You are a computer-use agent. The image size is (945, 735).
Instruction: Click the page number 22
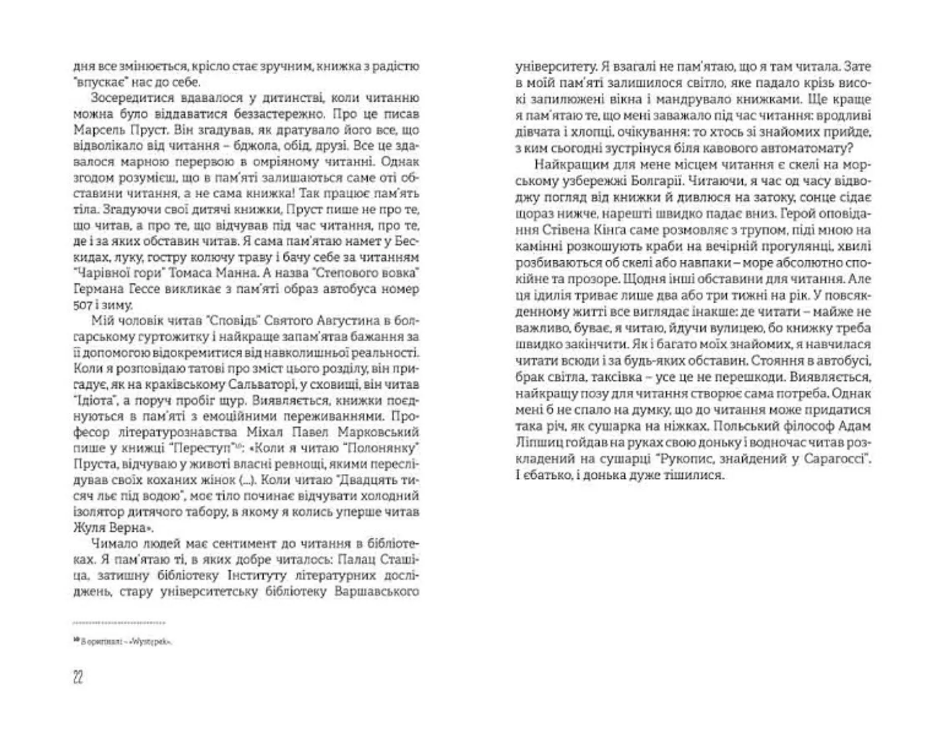click(78, 678)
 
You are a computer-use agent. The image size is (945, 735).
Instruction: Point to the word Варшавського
click(376, 591)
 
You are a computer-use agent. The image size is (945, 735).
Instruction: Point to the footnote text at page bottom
click(125, 642)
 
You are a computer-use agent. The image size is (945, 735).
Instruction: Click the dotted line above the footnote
click(119, 623)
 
